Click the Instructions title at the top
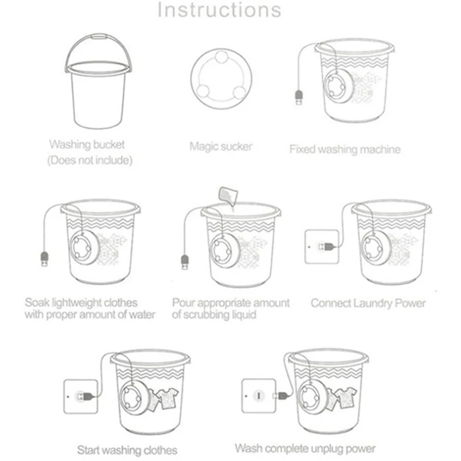pos(220,10)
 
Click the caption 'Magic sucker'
pos(221,146)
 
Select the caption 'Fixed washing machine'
pos(345,149)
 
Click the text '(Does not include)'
pos(89,160)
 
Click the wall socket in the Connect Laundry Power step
pos(320,247)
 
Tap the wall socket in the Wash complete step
pos(259,395)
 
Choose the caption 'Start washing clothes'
pos(127,449)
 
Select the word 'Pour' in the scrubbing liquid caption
pos(184,303)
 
